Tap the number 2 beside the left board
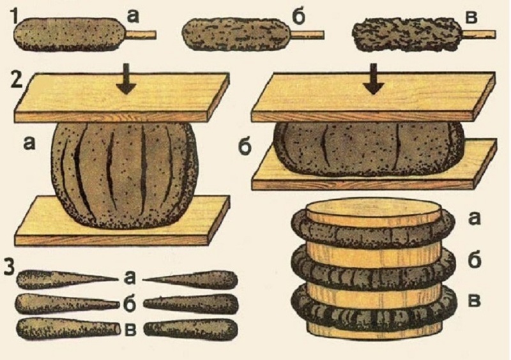click(x=17, y=80)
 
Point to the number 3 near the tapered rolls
click(x=10, y=268)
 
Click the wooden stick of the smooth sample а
click(x=141, y=34)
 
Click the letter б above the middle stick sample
click(x=298, y=17)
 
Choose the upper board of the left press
click(x=122, y=97)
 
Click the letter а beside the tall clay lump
click(x=29, y=144)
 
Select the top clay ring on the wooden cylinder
click(x=372, y=228)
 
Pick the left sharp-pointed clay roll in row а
click(x=67, y=280)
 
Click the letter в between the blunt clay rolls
click(x=131, y=329)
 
